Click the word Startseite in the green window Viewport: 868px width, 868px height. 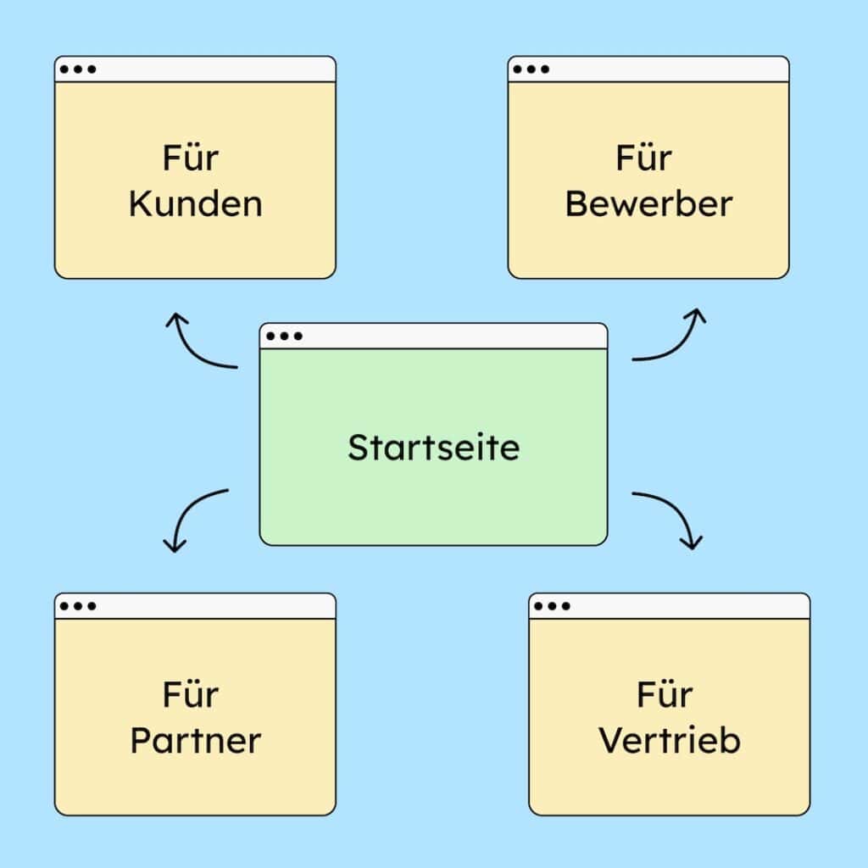click(433, 447)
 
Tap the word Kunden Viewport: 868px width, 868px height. click(195, 205)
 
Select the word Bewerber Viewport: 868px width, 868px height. click(648, 205)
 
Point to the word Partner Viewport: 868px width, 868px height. click(195, 741)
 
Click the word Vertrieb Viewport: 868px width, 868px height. click(670, 741)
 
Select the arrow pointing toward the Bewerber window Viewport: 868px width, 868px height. click(674, 339)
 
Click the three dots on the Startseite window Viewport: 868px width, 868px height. click(284, 337)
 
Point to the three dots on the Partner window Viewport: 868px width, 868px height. click(78, 606)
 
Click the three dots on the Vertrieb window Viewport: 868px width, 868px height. click(552, 606)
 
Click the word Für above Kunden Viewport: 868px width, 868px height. click(192, 159)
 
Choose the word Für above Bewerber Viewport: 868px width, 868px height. click(644, 159)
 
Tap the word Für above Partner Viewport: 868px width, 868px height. click(192, 694)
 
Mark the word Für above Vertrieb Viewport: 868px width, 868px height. click(665, 694)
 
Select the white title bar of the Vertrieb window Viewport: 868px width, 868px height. click(687, 606)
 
